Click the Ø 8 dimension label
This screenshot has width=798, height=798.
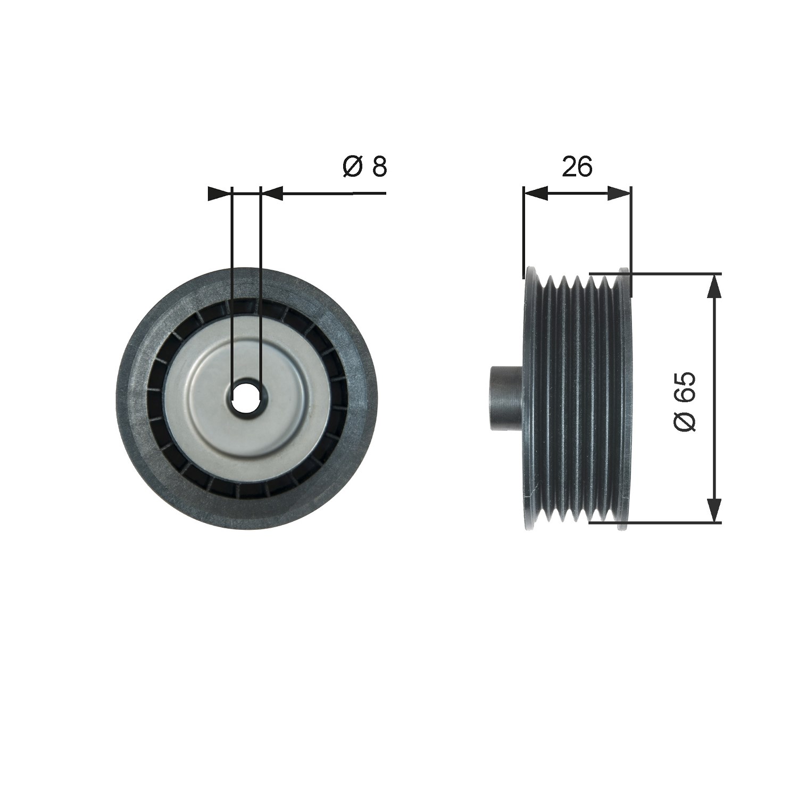point(365,167)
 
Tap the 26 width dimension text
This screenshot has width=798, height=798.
point(577,167)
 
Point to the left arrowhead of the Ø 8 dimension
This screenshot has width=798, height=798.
point(220,194)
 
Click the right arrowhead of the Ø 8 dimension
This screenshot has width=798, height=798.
point(271,194)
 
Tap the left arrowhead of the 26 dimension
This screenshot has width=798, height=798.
point(536,194)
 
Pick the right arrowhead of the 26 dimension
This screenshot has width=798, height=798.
point(619,194)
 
